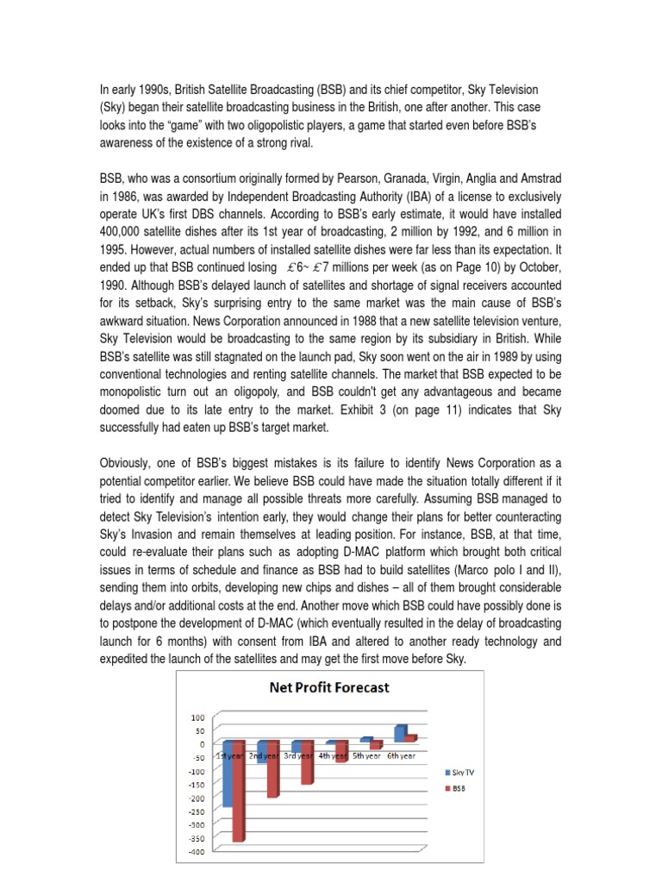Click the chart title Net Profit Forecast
click(x=329, y=687)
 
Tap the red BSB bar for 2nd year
click(x=272, y=772)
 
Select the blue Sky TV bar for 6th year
click(x=399, y=733)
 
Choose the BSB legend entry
click(x=454, y=788)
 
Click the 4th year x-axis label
click(x=331, y=755)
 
